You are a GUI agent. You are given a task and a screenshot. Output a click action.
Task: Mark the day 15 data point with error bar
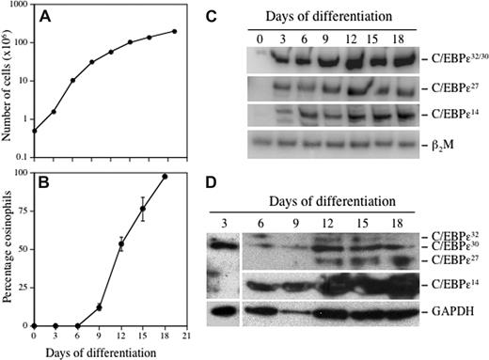coord(143,209)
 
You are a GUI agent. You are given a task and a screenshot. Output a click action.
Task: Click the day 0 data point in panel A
coord(35,131)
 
